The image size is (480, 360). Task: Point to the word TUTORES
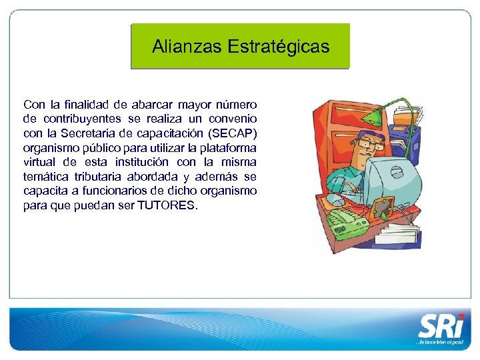click(x=167, y=205)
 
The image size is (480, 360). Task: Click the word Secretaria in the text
click(x=101, y=133)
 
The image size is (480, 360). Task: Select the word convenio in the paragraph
click(x=234, y=119)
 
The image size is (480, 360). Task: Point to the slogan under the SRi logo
click(x=437, y=341)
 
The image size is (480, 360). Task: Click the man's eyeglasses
click(x=366, y=143)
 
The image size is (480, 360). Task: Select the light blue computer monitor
click(x=393, y=177)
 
